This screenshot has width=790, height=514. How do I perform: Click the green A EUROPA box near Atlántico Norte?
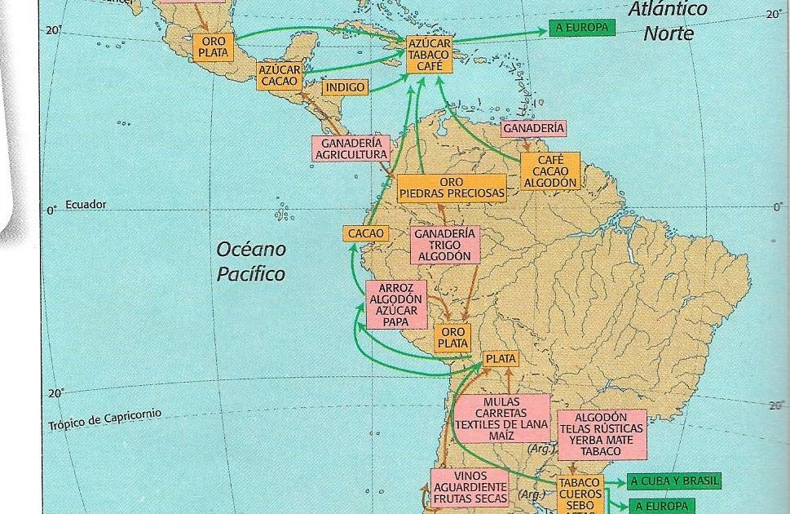582,29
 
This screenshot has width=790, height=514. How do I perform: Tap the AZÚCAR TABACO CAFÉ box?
428,54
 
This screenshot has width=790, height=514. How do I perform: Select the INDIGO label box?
345,87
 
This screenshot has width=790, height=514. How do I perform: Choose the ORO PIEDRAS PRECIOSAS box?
451,188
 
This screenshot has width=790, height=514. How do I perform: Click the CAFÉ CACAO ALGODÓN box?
549,171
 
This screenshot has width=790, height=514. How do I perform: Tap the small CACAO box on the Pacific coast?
365,234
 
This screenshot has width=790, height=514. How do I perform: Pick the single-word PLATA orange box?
501,359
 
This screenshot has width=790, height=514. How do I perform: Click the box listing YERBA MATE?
602,434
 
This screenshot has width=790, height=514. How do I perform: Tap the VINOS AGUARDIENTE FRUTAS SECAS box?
470,487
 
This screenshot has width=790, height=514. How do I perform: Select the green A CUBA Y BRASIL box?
673,481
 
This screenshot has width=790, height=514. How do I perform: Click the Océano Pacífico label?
251,261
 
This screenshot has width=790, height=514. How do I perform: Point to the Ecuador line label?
86,205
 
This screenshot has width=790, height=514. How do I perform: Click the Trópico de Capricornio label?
104,419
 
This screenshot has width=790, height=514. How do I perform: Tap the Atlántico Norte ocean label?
669,22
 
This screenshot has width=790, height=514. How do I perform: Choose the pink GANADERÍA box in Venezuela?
533,129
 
